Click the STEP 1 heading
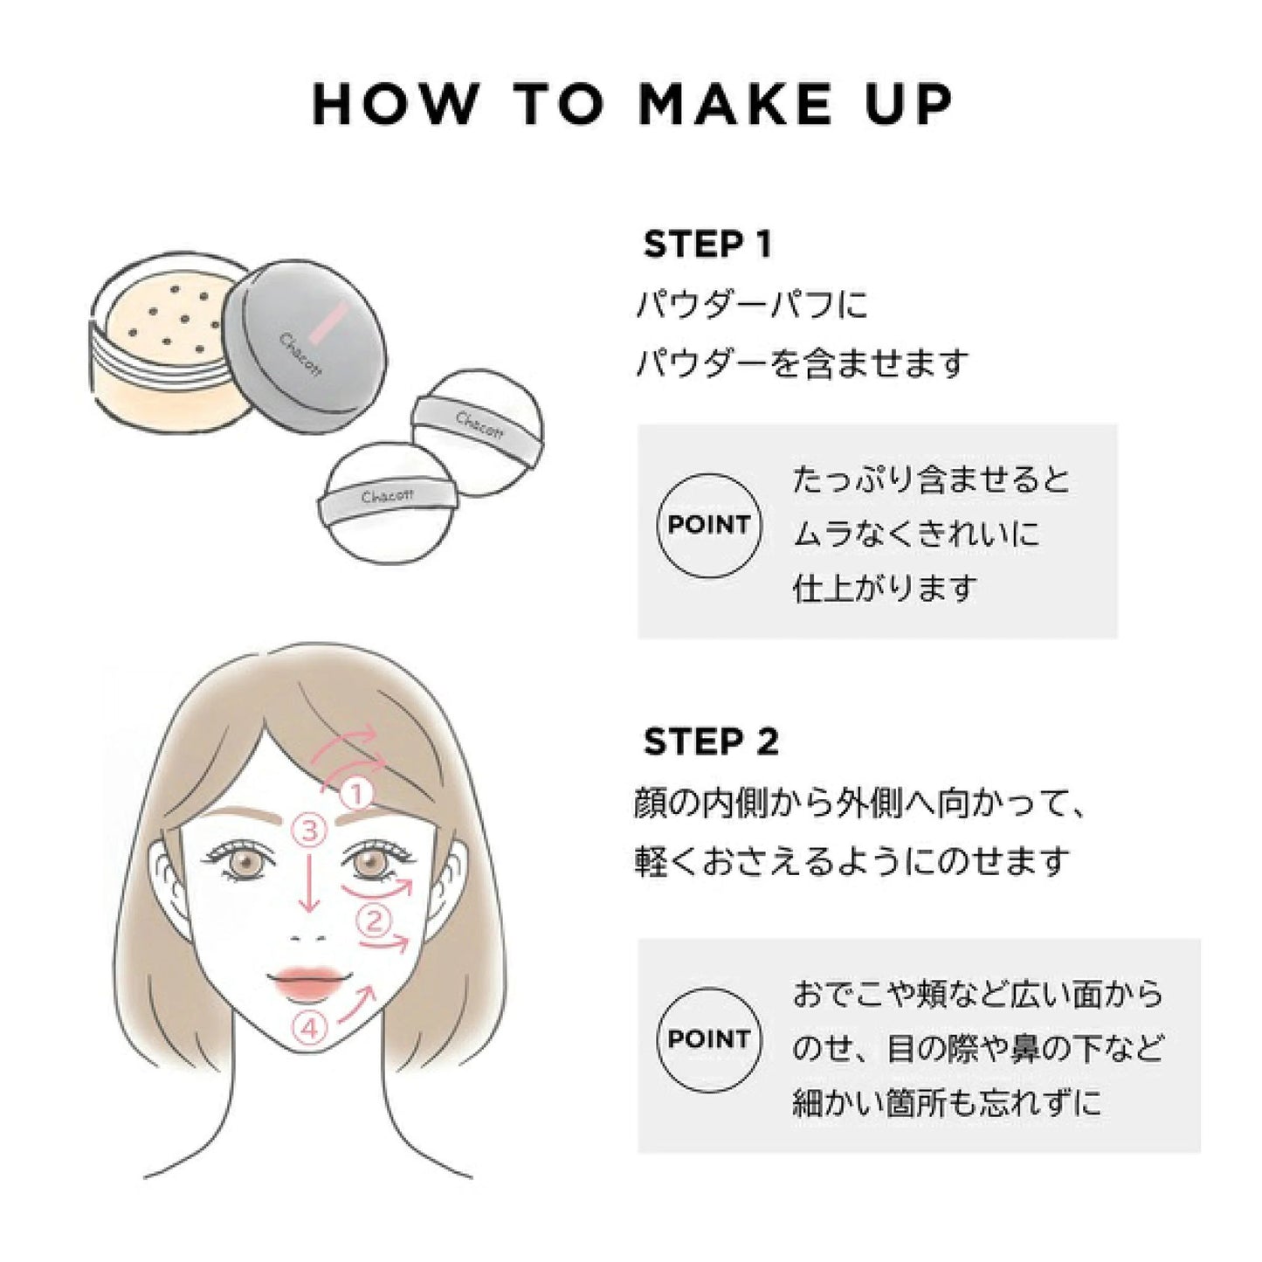point(707,245)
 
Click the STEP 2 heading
point(710,742)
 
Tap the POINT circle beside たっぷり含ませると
point(708,526)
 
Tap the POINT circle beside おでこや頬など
point(708,1039)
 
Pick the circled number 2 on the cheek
point(373,920)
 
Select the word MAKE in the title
point(734,104)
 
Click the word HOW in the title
point(394,104)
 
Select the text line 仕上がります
point(884,588)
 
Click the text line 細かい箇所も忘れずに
point(947,1103)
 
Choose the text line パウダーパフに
point(752,305)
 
